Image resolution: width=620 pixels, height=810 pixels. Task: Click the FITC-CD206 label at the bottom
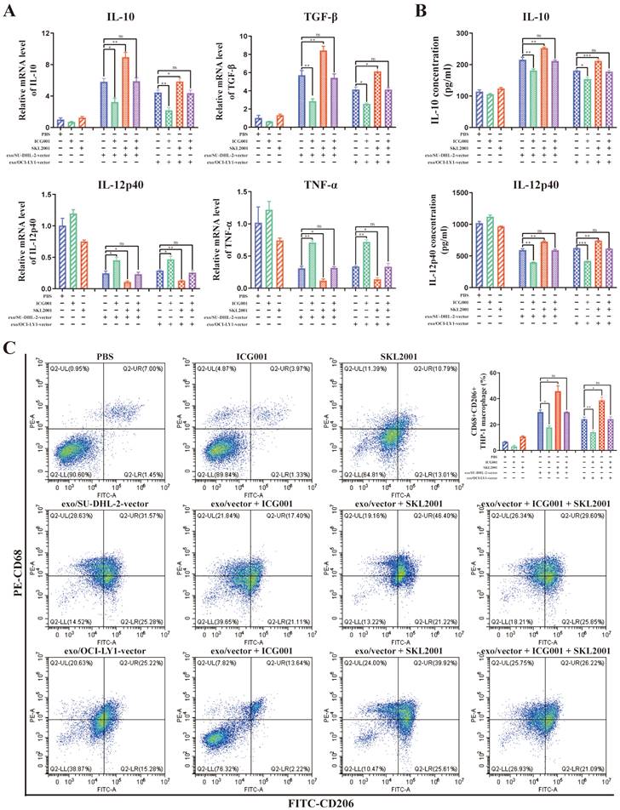tap(322, 800)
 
